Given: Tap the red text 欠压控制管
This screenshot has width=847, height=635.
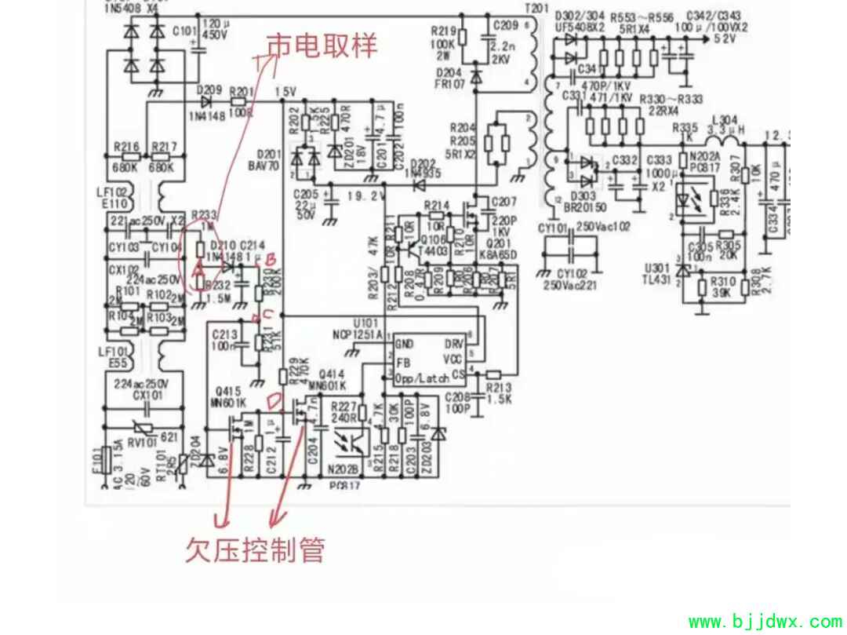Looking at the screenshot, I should point(255,549).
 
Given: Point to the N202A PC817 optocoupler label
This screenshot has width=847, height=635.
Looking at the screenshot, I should point(703,162).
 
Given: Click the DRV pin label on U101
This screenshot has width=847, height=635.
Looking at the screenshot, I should point(454,344).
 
